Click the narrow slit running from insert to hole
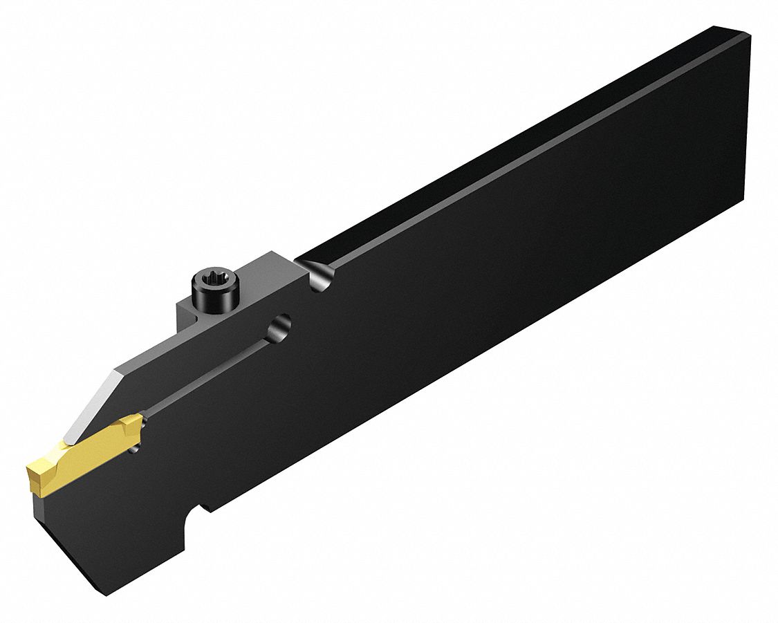[x=207, y=377]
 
